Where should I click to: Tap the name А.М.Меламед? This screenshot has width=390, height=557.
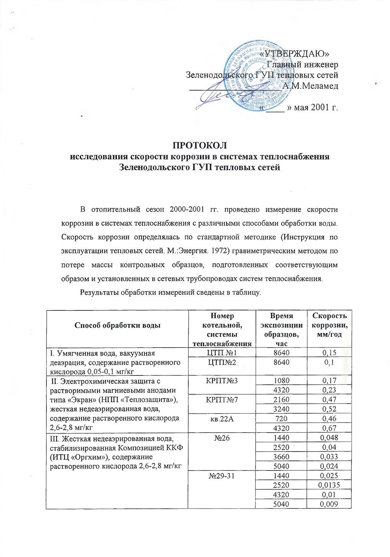point(310,86)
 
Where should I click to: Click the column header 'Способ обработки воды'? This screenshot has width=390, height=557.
point(117,325)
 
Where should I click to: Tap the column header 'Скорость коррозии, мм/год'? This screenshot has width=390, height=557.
point(329,325)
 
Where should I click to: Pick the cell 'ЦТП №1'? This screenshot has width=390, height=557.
point(222,353)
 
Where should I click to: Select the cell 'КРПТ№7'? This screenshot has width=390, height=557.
point(222,400)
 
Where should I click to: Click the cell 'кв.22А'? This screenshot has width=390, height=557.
point(222,418)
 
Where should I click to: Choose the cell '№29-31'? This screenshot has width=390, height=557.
point(222,476)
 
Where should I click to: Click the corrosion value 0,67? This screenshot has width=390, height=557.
point(329,428)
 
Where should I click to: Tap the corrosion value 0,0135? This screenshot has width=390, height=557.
point(329,485)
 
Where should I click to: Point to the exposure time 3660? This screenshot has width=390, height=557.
point(281,457)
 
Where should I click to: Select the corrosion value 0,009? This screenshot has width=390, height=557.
point(329,504)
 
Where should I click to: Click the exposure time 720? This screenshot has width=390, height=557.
point(281,418)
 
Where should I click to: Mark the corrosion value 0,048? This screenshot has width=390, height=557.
point(329,438)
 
